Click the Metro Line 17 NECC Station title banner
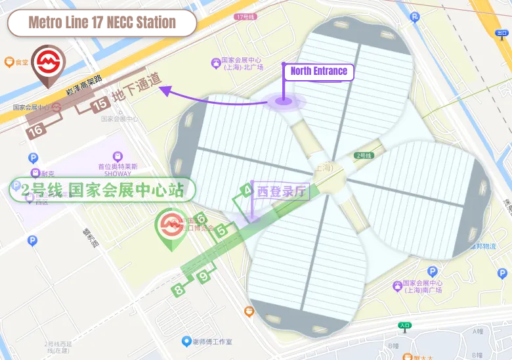(x=102, y=23)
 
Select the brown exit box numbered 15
(x=100, y=104)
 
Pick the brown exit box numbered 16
(x=35, y=130)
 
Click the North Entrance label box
(x=318, y=71)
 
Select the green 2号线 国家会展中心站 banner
(x=102, y=190)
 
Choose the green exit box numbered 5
(x=222, y=230)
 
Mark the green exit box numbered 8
(x=179, y=289)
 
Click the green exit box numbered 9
(x=204, y=277)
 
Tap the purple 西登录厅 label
(x=282, y=192)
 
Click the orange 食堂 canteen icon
(x=10, y=62)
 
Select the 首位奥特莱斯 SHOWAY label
(x=118, y=169)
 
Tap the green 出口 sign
(x=502, y=32)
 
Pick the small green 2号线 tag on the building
(x=364, y=156)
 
